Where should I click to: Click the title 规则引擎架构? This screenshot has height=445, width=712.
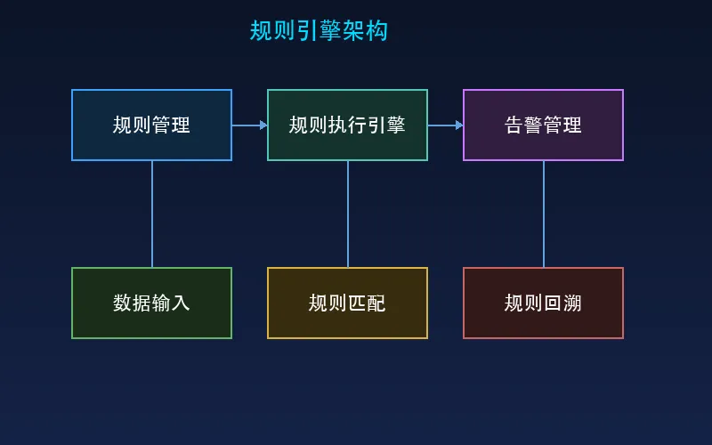[319, 31]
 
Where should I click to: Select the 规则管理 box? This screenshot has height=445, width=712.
[151, 125]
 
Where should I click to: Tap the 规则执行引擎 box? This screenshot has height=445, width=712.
[347, 125]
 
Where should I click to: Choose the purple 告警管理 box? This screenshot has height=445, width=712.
[543, 125]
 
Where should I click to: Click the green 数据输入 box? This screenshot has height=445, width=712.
[151, 303]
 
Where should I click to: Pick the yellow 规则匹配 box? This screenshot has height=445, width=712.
[347, 303]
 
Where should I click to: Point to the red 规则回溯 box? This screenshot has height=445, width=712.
[543, 303]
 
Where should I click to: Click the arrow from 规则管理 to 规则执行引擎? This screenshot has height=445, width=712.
[249, 125]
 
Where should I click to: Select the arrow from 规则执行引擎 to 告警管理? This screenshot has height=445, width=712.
[445, 125]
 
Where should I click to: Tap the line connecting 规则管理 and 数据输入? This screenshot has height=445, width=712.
[152, 214]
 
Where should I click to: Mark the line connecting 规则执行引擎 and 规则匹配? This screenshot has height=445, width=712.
[348, 214]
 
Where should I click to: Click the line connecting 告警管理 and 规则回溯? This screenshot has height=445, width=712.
[544, 214]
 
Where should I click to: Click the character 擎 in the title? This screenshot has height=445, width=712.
[330, 31]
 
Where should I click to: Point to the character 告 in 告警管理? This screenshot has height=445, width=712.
[514, 125]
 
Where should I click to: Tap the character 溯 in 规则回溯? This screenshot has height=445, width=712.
[572, 303]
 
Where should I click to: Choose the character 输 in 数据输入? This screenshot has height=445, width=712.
[161, 303]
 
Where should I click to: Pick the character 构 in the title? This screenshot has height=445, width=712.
[376, 31]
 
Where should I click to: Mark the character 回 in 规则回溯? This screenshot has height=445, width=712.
[553, 303]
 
